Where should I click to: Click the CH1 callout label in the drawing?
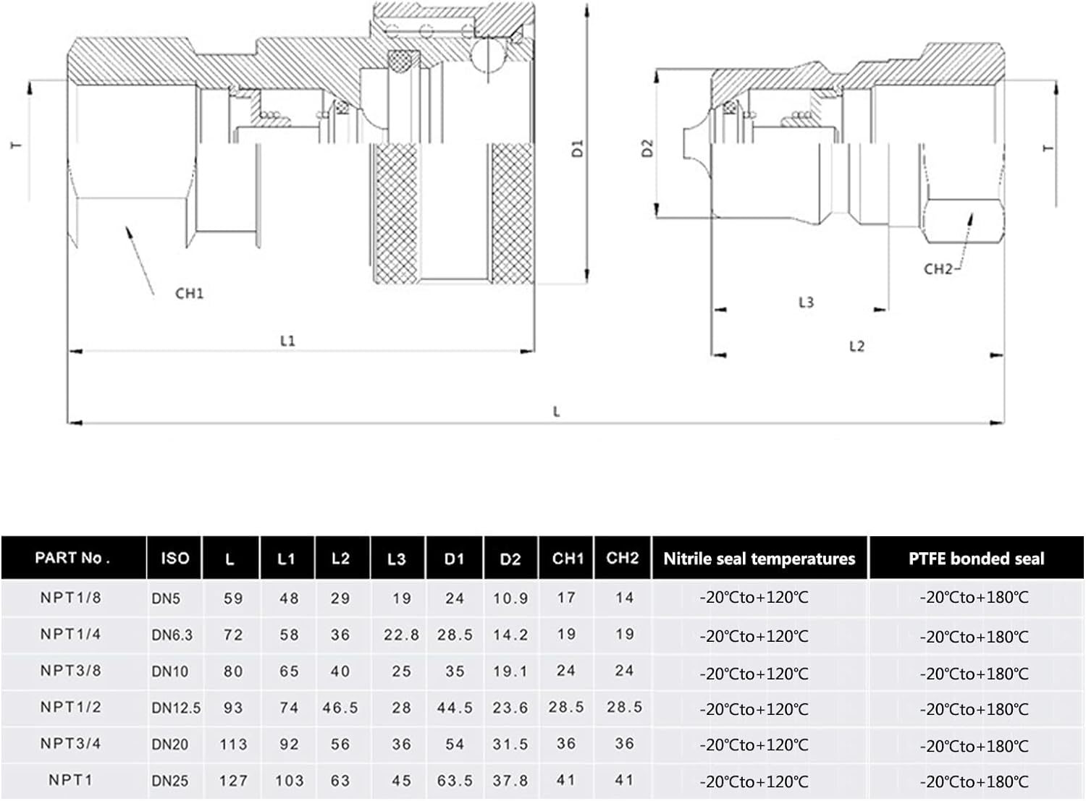(189, 294)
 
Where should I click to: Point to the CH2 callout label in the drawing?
(938, 269)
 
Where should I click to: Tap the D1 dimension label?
(578, 148)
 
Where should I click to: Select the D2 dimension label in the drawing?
(647, 148)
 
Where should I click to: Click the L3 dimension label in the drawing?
(806, 302)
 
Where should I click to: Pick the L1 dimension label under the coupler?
(287, 341)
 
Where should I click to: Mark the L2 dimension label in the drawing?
(856, 347)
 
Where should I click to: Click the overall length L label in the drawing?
(556, 412)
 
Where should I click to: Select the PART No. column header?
(72, 558)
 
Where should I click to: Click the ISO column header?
(174, 559)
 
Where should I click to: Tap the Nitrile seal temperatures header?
(759, 559)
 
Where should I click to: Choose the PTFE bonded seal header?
(977, 559)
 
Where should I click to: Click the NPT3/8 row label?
(70, 670)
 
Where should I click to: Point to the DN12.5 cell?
(176, 708)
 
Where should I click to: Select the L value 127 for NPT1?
(233, 781)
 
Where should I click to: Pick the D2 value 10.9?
(510, 598)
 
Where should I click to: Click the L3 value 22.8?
(401, 635)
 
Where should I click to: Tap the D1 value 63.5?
(455, 781)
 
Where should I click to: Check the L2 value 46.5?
(340, 708)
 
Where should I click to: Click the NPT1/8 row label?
(70, 598)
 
